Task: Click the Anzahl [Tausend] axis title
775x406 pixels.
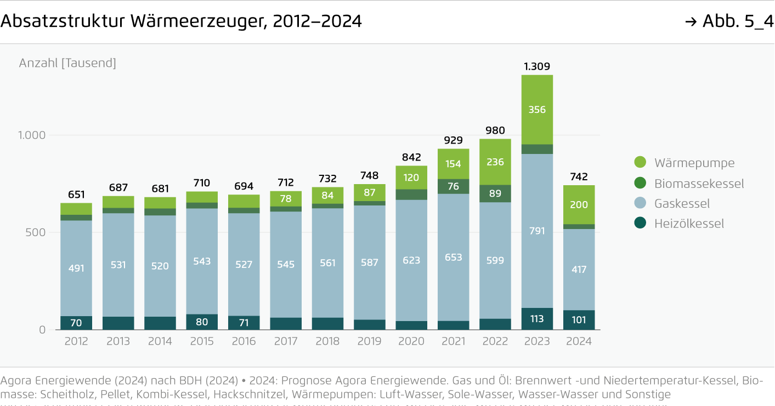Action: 67,63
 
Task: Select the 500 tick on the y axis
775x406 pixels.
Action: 38,232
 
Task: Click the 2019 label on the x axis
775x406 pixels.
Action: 369,341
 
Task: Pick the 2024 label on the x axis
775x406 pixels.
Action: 579,341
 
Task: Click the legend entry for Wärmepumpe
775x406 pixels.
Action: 694,163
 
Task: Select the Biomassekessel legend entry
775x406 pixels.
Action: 699,183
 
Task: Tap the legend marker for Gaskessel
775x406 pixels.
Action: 640,203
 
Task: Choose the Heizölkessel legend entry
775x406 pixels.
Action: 689,224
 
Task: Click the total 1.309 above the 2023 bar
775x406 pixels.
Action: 537,66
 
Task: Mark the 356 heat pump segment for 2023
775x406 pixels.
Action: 537,110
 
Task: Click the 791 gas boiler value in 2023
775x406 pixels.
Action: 537,231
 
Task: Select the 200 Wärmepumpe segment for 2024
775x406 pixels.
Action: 579,205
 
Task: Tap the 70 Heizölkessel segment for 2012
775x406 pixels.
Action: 76,323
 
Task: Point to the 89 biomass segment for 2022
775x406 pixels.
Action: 495,193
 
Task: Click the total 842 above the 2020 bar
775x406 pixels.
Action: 411,158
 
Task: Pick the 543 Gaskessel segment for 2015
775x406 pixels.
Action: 202,261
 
